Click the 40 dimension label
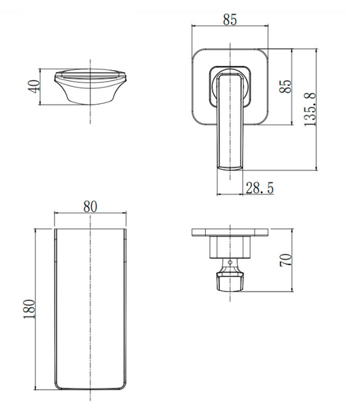pos(34,86)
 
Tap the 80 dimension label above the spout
pos(90,207)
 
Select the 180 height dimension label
pos(29,309)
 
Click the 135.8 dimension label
pos(310,109)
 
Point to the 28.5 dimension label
pos(259,188)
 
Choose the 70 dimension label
pos(286,260)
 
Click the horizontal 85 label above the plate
pos(230,20)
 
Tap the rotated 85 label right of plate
pos(286,86)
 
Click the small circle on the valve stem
pos(230,262)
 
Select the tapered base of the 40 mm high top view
pos(90,94)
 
